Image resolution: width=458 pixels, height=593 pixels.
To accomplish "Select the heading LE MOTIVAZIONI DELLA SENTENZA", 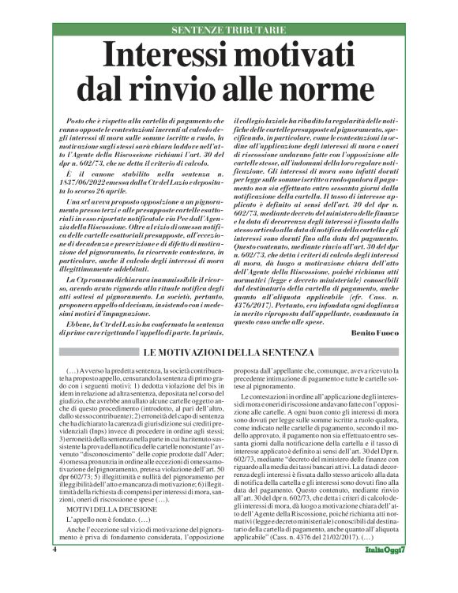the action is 229,352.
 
